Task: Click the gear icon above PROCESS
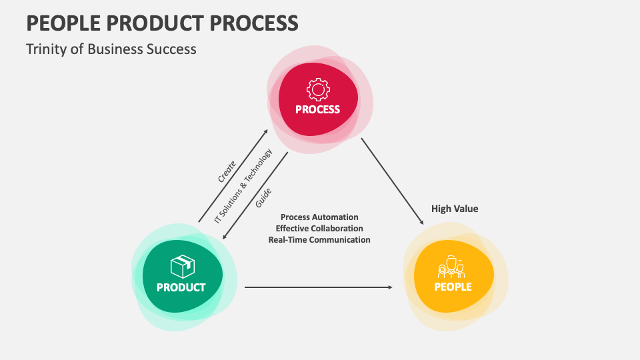click(318, 89)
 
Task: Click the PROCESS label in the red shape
click(318, 109)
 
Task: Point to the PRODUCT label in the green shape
click(181, 288)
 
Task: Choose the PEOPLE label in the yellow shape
click(453, 287)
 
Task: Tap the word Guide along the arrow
click(263, 199)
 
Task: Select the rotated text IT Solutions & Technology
click(243, 186)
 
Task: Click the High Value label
click(455, 209)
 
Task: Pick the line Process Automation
click(319, 217)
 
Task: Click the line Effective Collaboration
click(319, 229)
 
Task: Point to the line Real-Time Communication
click(319, 240)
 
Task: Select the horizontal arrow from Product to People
click(319, 287)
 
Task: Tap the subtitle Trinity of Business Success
click(111, 49)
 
